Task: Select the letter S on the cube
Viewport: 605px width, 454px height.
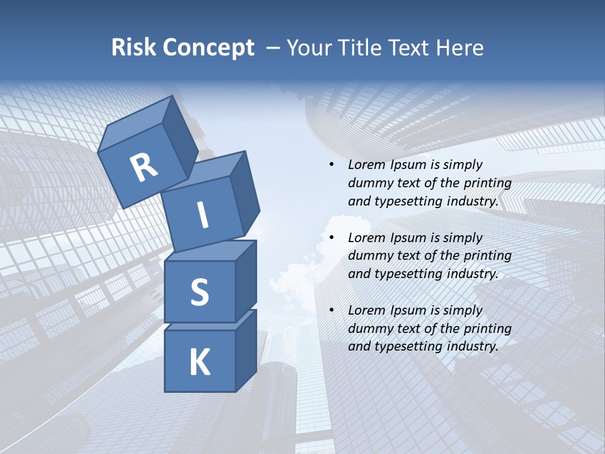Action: click(199, 292)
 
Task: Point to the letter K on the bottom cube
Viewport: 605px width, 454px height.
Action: click(199, 363)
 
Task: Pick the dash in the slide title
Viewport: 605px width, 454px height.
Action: click(274, 49)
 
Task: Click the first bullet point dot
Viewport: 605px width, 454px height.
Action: click(331, 165)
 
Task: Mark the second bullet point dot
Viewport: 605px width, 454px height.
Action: click(331, 238)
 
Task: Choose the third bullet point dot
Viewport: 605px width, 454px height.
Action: click(331, 311)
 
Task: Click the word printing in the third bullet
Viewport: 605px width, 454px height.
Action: click(487, 329)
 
